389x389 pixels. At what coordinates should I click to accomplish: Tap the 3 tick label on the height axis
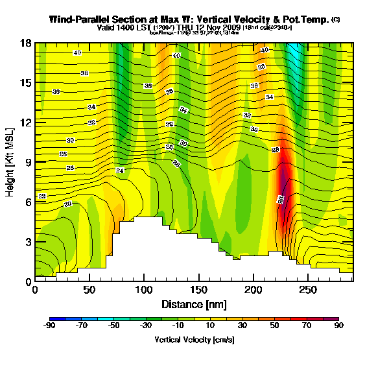(x=27, y=242)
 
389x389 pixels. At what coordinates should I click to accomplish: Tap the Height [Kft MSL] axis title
(x=11, y=161)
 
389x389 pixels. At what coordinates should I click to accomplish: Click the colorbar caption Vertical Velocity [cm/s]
(x=194, y=340)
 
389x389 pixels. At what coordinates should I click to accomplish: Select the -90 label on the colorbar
(x=49, y=327)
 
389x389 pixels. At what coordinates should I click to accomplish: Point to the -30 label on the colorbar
(x=147, y=327)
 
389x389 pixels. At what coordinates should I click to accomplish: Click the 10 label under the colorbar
(x=211, y=327)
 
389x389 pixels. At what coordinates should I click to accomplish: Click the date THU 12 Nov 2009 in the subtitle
(x=207, y=28)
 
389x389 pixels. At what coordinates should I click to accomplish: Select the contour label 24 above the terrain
(x=119, y=171)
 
